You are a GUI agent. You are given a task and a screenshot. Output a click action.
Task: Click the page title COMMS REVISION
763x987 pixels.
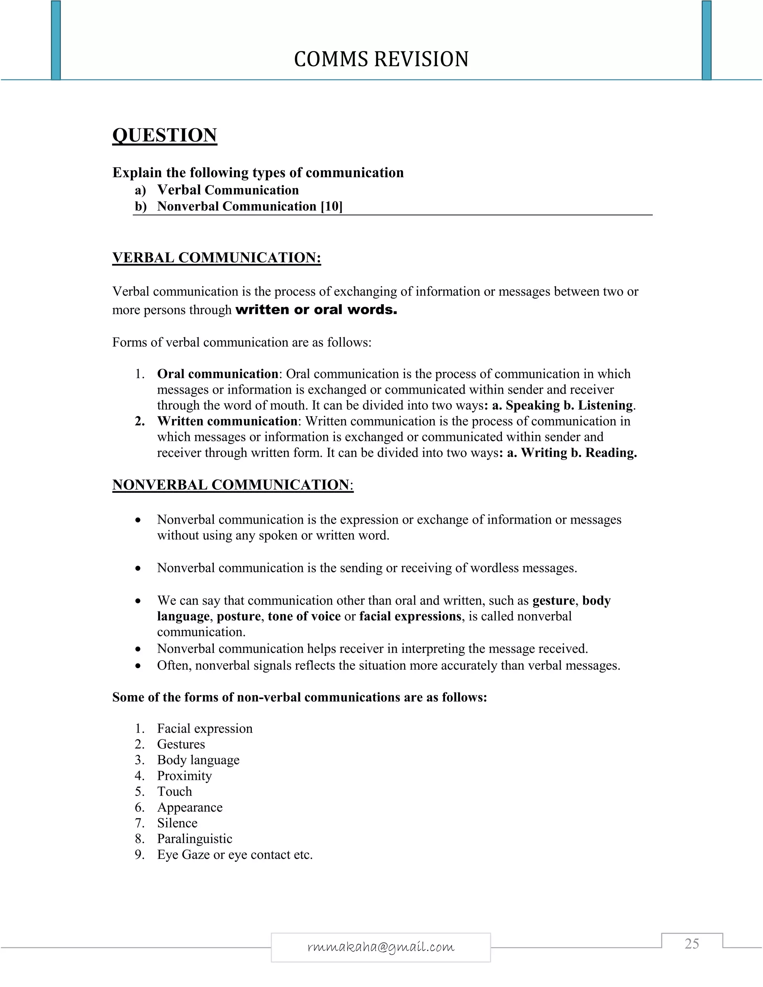tap(381, 59)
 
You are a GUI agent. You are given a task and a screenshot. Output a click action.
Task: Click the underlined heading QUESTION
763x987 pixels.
tap(165, 135)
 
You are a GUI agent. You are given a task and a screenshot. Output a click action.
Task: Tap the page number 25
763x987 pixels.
tap(691, 944)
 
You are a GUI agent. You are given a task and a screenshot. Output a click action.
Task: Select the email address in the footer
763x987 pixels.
tap(381, 947)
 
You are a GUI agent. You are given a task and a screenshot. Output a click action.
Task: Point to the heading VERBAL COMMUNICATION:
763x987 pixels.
tap(216, 258)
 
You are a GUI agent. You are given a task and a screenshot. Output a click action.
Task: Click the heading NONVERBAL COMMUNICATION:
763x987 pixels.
tap(233, 485)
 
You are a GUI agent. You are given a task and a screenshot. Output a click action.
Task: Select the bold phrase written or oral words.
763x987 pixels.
tap(316, 310)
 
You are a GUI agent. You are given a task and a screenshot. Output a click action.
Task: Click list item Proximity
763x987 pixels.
tap(184, 776)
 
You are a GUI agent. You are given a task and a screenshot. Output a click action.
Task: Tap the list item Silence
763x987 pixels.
tap(177, 823)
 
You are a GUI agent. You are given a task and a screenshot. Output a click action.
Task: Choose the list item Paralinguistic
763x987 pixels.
tap(194, 839)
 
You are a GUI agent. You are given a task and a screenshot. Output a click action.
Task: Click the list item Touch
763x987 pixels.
tap(174, 792)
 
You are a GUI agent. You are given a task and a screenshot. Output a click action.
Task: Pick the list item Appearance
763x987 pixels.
tap(190, 807)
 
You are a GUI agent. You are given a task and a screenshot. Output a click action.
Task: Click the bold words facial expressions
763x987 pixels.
tap(410, 616)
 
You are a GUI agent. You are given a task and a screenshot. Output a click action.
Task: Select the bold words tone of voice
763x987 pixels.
tap(304, 616)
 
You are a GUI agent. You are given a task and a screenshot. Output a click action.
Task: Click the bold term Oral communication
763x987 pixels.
tap(218, 374)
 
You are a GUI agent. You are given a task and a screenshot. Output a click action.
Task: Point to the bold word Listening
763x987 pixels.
tap(605, 405)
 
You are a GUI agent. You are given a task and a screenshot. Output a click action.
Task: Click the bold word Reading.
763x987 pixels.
tap(611, 453)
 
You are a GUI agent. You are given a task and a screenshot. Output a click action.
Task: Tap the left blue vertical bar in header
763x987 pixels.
tap(56, 41)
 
